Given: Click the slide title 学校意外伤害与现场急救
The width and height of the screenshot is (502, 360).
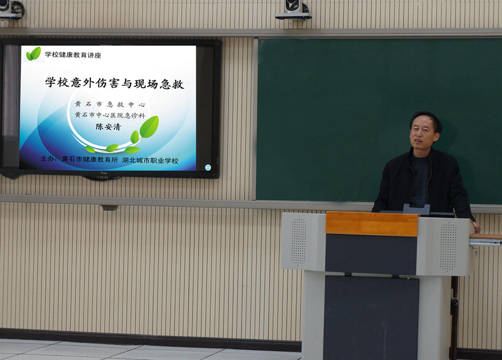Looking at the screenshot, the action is tap(115, 83).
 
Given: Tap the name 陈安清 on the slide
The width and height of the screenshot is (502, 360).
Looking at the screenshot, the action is tap(108, 127).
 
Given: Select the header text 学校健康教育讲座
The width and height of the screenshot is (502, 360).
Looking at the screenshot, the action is tap(73, 55).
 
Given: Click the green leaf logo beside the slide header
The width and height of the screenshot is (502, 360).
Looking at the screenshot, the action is tap(33, 54).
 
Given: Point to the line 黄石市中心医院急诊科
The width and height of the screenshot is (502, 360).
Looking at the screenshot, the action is tap(110, 115).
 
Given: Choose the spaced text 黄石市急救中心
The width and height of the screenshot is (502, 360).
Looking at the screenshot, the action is tap(110, 104).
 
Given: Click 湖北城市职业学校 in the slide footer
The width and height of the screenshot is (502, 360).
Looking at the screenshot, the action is tap(150, 161).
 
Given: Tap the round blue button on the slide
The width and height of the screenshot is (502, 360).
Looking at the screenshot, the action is tap(208, 167).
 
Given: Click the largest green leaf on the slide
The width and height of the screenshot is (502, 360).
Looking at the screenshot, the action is tap(149, 127).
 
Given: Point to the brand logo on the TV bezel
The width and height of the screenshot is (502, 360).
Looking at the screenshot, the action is tap(104, 174).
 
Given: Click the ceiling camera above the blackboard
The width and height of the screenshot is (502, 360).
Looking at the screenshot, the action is tap(294, 10).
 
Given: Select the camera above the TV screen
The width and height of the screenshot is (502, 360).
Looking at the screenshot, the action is tap(11, 9).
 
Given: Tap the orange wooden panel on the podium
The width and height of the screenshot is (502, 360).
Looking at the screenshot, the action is tap(371, 224).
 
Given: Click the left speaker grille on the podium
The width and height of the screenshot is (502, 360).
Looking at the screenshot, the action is tap(299, 241).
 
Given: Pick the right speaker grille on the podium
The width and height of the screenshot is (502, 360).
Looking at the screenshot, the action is tap(448, 246).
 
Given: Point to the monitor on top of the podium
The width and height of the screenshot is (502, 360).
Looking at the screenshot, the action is tap(417, 210).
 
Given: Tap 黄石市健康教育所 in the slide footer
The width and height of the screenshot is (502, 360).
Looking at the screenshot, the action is tap(90, 159).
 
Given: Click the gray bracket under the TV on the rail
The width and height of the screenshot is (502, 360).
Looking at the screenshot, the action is tap(109, 208).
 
